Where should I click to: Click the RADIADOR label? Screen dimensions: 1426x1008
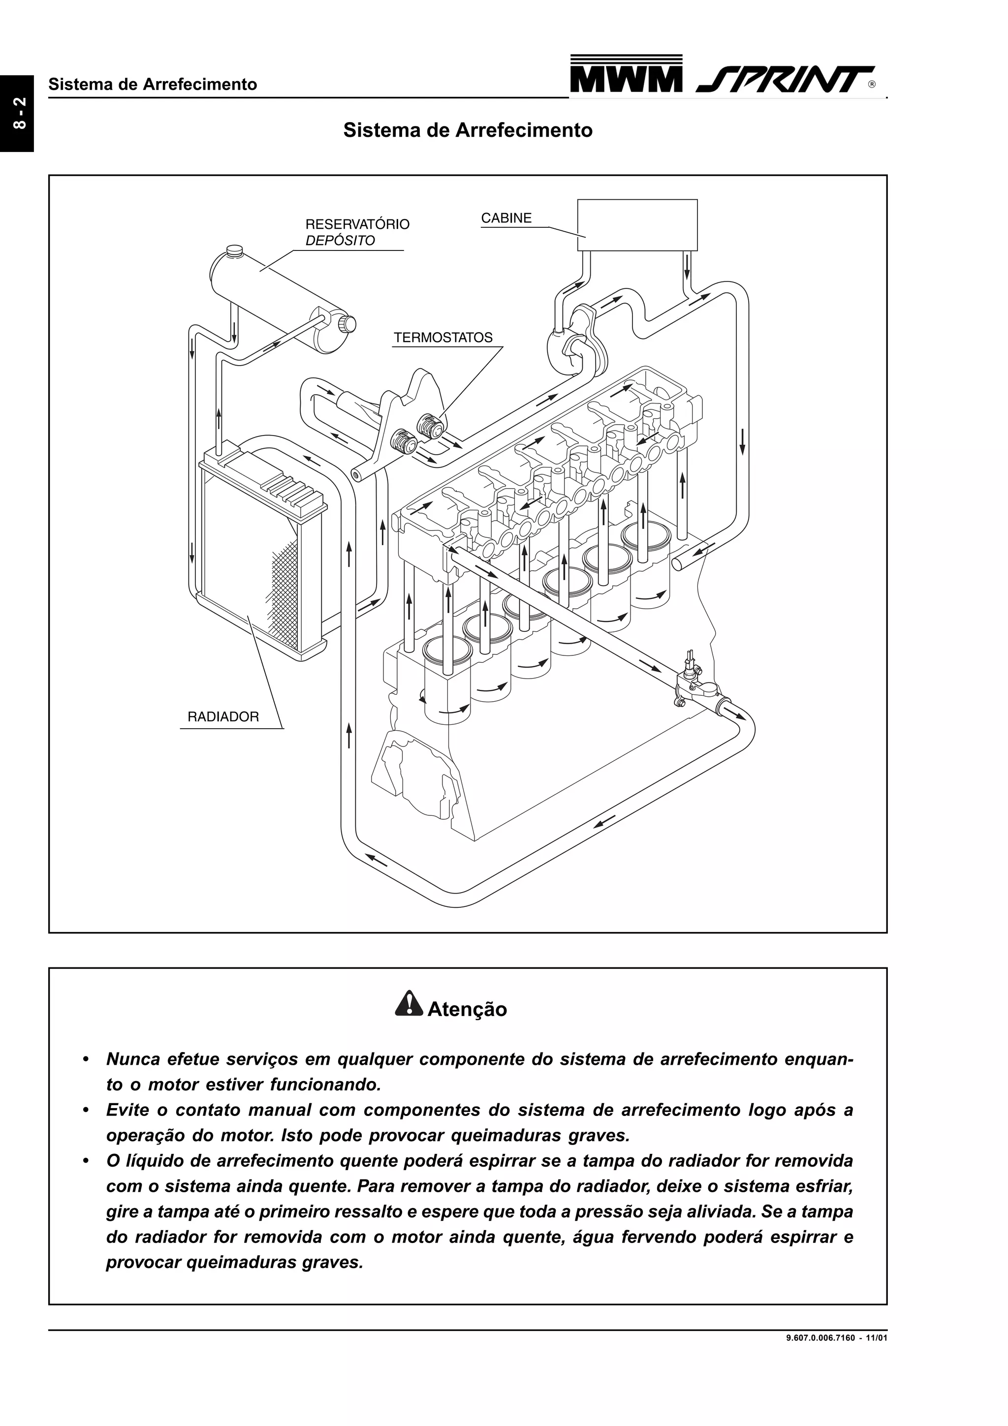[223, 717]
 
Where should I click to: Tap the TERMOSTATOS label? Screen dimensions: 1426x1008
[443, 338]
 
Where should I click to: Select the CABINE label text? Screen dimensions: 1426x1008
[506, 218]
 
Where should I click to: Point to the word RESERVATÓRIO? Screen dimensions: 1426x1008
[357, 224]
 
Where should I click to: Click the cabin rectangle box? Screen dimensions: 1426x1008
[637, 225]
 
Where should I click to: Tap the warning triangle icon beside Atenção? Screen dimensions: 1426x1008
[408, 1004]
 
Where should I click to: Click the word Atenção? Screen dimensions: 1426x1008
[467, 1009]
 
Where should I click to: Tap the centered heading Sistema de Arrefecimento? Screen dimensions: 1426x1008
[468, 130]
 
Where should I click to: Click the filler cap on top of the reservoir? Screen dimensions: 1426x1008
[235, 251]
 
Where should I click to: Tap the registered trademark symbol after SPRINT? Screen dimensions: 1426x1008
[872, 85]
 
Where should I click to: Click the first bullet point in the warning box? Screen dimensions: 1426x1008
[88, 1058]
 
